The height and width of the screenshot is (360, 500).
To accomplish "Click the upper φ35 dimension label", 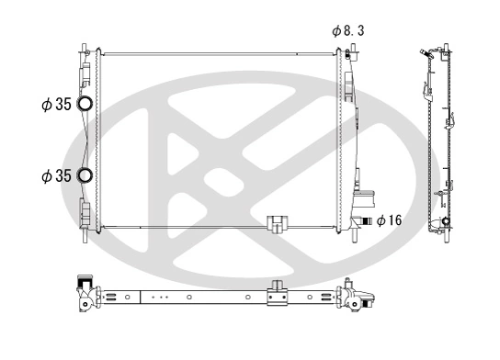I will pyautogui.click(x=56, y=105).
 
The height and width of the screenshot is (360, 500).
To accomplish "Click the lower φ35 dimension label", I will pyautogui.click(x=56, y=175).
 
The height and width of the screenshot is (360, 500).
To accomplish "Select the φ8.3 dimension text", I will pyautogui.click(x=350, y=30).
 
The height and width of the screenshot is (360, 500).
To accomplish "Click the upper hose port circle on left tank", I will pyautogui.click(x=85, y=105).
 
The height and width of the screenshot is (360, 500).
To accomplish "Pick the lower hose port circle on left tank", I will pyautogui.click(x=85, y=175).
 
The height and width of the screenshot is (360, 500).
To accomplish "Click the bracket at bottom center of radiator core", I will pyautogui.click(x=275, y=223).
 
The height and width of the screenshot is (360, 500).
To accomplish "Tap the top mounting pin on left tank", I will pyautogui.click(x=85, y=46).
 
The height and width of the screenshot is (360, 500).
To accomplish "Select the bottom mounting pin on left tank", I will pyautogui.click(x=85, y=237).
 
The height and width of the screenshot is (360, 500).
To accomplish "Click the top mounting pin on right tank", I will pyautogui.click(x=349, y=46).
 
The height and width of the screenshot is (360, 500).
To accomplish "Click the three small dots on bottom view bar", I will pyautogui.click(x=159, y=298).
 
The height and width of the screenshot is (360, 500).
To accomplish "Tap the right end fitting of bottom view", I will pyautogui.click(x=357, y=298).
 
